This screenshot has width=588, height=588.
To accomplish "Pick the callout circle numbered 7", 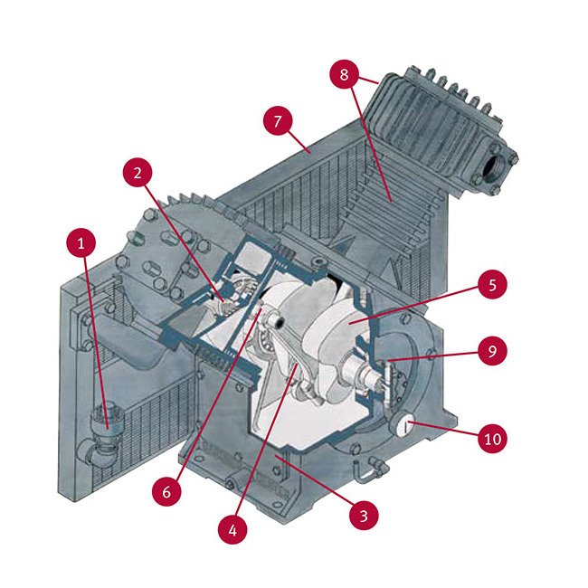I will [x=279, y=119].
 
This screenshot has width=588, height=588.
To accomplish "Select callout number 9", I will [x=492, y=351].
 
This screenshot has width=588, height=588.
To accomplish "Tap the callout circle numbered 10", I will [x=492, y=439].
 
